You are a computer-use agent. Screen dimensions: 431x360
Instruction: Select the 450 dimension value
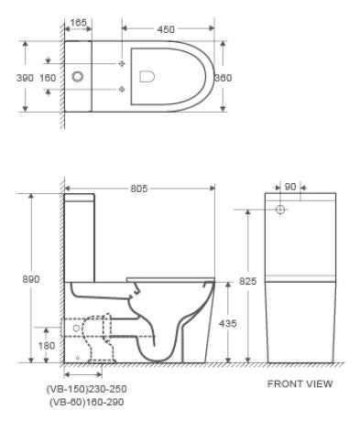coord(165,29)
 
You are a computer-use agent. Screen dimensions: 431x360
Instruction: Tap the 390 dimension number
coord(25,78)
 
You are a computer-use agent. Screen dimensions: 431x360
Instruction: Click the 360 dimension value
coord(223,78)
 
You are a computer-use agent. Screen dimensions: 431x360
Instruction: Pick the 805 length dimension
coord(139,189)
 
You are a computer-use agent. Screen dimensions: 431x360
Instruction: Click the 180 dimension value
coord(46,345)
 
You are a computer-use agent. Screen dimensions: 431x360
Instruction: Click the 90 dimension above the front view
coord(290,187)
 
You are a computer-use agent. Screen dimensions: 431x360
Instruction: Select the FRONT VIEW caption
coord(300,384)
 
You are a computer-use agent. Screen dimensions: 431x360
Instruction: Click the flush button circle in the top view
coord(77,78)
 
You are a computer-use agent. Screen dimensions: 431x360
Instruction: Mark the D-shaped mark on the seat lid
coord(145,78)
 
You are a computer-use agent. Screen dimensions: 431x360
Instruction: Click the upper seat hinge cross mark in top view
coord(123,63)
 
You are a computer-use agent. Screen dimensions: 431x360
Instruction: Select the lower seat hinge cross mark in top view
coord(123,89)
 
